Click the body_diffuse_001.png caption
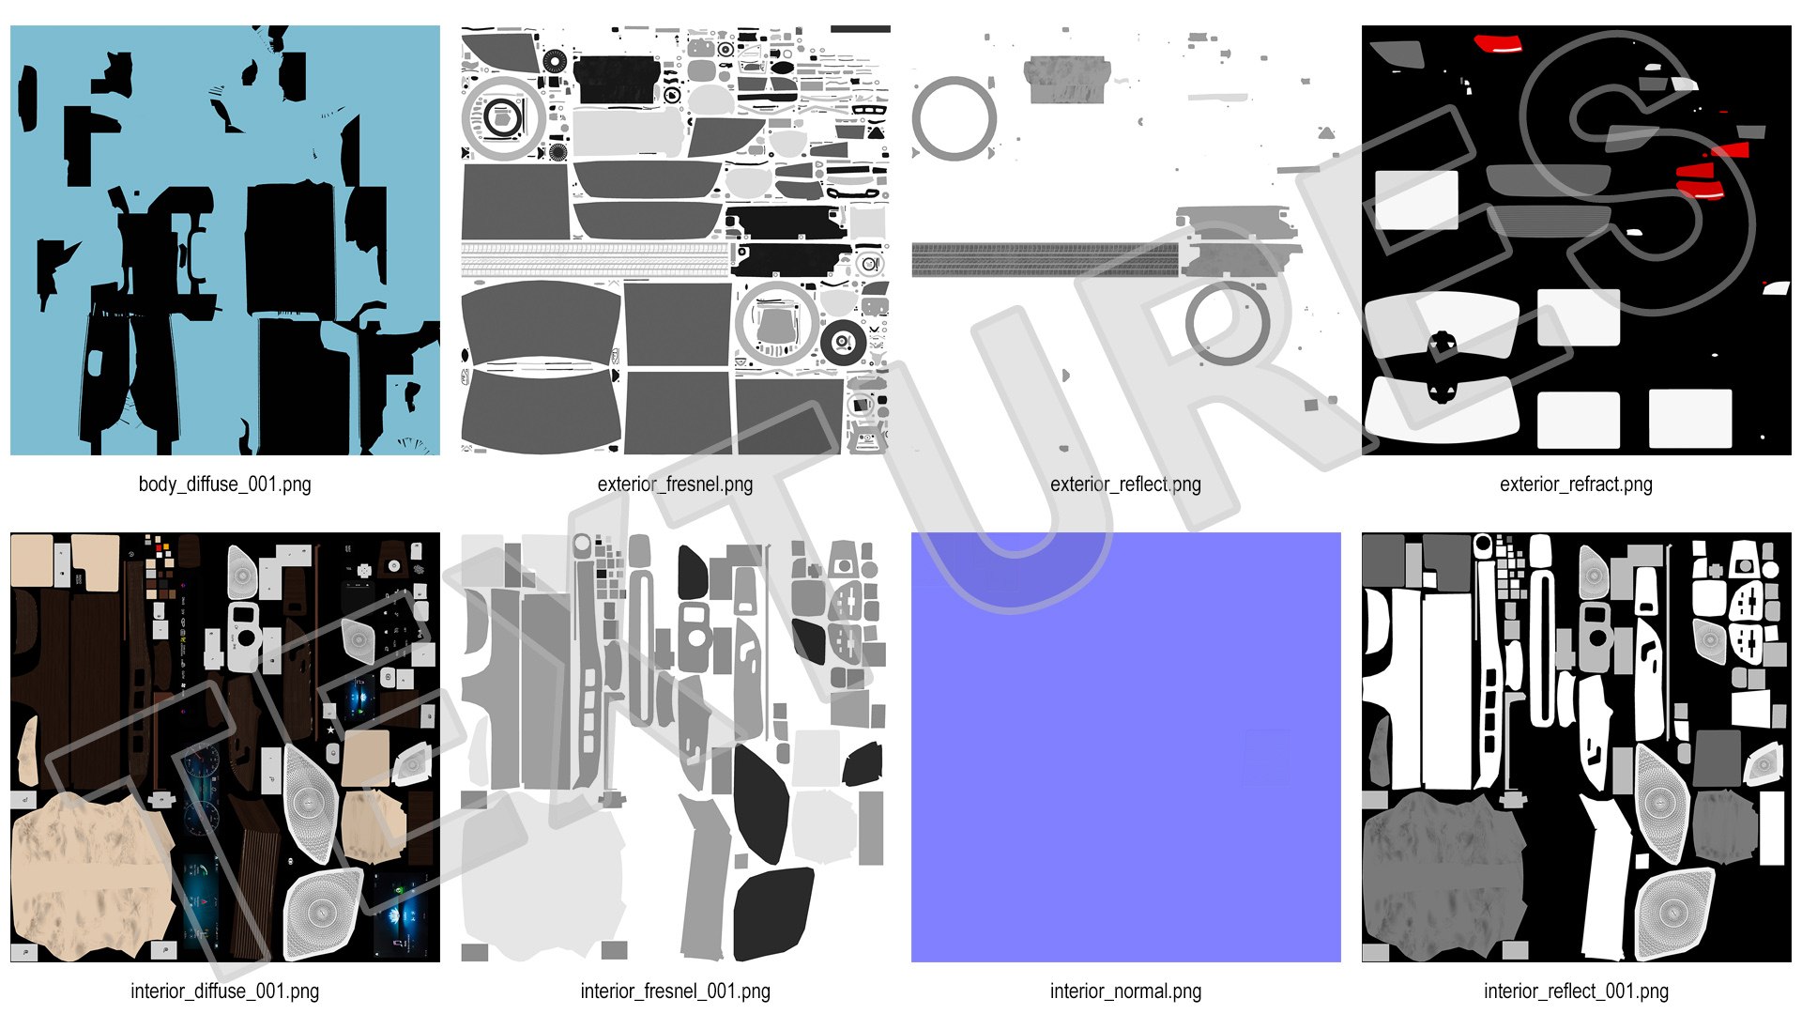coord(224,484)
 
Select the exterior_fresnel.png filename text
coord(675,484)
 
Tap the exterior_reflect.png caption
coord(1125,484)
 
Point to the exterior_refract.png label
coord(1576,484)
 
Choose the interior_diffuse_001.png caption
coord(224,991)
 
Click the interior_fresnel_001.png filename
coord(675,991)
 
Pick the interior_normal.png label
coord(1125,991)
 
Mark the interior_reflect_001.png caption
coord(1576,991)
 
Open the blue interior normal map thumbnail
coord(1125,747)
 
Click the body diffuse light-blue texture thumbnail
coord(224,240)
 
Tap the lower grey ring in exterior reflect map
coord(1228,324)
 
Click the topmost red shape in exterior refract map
coord(1499,43)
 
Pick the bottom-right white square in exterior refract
coord(1690,418)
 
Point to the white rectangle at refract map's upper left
coord(1416,200)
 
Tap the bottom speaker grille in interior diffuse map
coord(322,913)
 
